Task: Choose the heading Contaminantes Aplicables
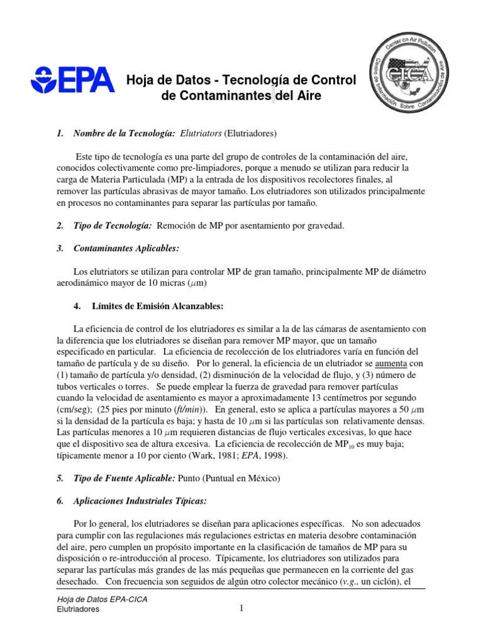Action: [x=126, y=249]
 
